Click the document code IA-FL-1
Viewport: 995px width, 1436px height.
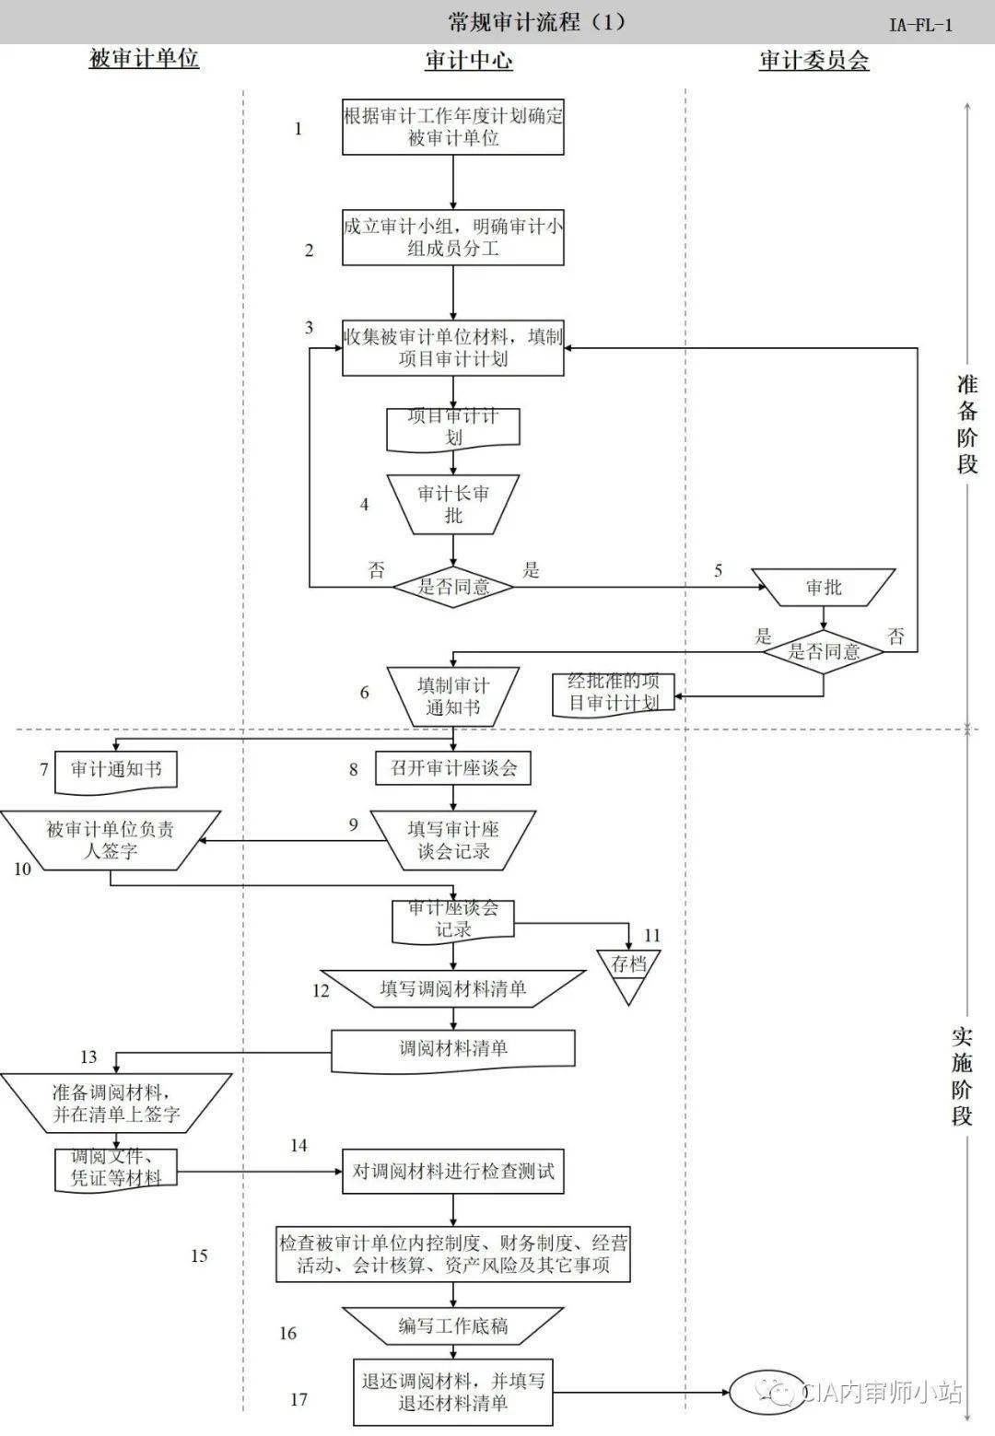click(919, 25)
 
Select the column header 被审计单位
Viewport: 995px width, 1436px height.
click(144, 60)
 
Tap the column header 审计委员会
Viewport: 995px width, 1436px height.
click(814, 61)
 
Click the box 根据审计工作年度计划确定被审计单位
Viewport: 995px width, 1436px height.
click(453, 127)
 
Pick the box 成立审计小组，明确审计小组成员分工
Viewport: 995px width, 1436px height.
click(453, 239)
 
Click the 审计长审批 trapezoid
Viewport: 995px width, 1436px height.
click(453, 504)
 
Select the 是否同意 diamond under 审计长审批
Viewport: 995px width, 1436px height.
click(453, 586)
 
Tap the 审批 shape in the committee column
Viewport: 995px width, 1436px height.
click(824, 587)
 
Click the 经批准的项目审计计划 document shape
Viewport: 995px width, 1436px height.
click(613, 694)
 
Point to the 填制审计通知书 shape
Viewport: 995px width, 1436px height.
click(452, 696)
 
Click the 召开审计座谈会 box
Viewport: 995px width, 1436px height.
click(453, 768)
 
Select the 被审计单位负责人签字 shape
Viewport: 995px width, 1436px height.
click(111, 840)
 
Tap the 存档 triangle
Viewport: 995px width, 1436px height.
click(629, 969)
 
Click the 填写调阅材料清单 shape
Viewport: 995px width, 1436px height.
click(453, 989)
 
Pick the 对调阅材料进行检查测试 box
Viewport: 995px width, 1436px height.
click(453, 1173)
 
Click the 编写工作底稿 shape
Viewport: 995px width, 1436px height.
click(453, 1326)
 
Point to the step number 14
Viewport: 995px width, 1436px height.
click(298, 1146)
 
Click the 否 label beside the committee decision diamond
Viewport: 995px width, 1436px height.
click(895, 636)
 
